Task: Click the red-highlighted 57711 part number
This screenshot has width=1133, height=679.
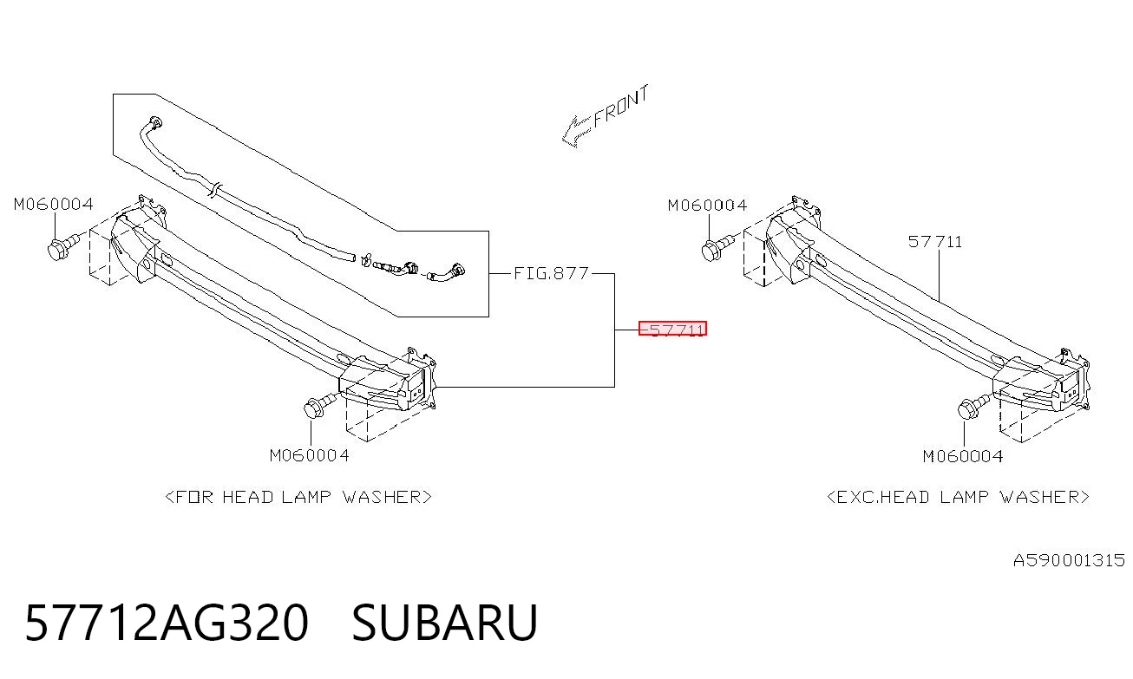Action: pyautogui.click(x=672, y=329)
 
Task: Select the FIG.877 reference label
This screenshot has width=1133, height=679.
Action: pyautogui.click(x=552, y=273)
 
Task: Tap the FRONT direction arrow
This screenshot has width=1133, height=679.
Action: pyautogui.click(x=576, y=133)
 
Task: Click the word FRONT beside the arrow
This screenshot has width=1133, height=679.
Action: pyautogui.click(x=620, y=107)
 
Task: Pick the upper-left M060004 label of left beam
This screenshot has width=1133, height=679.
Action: pyautogui.click(x=54, y=205)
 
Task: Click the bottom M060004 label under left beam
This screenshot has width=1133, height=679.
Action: pyautogui.click(x=310, y=455)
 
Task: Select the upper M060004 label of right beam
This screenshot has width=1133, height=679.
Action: pyautogui.click(x=708, y=206)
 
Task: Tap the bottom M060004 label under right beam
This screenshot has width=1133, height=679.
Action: pyautogui.click(x=963, y=456)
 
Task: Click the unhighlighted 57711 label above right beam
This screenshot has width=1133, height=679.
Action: pyautogui.click(x=935, y=242)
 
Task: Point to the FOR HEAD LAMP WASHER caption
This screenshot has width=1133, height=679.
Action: pyautogui.click(x=298, y=497)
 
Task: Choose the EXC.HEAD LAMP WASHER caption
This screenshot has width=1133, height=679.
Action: pyautogui.click(x=958, y=497)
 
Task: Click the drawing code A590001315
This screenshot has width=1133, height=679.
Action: pyautogui.click(x=1069, y=560)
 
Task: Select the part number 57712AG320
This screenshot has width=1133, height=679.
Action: pyautogui.click(x=167, y=623)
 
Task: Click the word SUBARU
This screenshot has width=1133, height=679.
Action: pyautogui.click(x=444, y=623)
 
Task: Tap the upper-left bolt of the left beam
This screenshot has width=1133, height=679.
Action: pyautogui.click(x=63, y=247)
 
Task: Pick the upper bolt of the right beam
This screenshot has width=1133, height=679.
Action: pyautogui.click(x=717, y=248)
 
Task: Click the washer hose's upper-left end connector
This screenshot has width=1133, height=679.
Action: pyautogui.click(x=156, y=123)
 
